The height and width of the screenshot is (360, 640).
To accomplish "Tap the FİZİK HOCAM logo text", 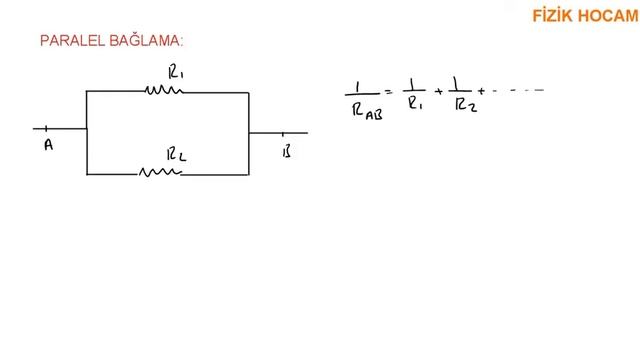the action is pos(585,16).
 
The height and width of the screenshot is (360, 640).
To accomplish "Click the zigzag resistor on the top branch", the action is pos(164,90).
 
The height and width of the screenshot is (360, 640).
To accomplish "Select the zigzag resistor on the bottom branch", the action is pos(160,172).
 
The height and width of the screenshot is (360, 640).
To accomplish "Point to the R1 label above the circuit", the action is pos(176,72).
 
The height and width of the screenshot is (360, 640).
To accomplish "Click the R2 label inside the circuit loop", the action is pos(176,155).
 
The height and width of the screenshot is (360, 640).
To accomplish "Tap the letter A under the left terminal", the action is pos(49,144).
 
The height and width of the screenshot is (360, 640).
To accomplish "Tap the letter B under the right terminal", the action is pos(287,151).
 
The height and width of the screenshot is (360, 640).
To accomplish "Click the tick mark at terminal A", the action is pos(46,129).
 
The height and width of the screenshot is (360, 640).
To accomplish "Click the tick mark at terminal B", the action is pos(282,133).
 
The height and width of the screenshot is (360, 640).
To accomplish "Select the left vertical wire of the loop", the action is pos(87,133).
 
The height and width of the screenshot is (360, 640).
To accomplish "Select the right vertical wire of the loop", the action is pos(249,134).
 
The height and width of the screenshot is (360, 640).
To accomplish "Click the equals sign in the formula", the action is pos(389,92).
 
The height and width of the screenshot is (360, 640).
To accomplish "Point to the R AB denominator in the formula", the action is pos(367,111).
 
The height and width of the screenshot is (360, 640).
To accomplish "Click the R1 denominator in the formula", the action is pos(415,103).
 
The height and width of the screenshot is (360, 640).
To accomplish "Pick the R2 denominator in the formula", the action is pos(466,105).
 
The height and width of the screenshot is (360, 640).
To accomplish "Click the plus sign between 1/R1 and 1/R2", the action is pos(439,92).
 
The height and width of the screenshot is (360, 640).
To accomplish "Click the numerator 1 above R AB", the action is pos(358,87).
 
